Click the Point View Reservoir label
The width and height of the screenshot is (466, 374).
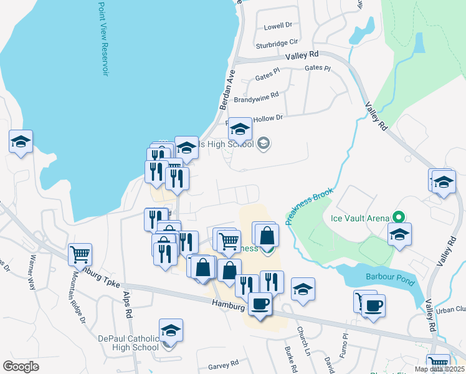(x=104, y=39)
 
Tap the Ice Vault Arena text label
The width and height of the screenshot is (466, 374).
(x=361, y=218)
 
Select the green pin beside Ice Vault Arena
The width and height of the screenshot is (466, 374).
(x=399, y=218)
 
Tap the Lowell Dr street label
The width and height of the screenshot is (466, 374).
(x=278, y=26)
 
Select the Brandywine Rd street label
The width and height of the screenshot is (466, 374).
(x=256, y=98)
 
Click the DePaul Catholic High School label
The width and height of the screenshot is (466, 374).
(x=129, y=343)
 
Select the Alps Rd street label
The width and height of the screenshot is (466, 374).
(x=128, y=306)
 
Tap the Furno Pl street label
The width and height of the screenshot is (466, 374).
(x=343, y=342)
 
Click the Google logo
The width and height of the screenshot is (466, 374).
(x=21, y=367)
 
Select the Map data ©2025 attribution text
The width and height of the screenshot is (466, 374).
(x=439, y=369)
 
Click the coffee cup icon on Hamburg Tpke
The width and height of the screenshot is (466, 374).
(x=260, y=304)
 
